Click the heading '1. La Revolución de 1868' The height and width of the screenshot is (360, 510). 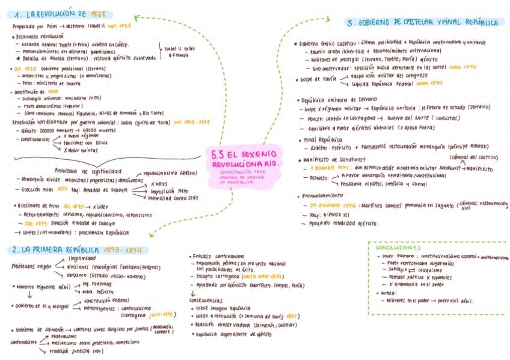coord(60,14)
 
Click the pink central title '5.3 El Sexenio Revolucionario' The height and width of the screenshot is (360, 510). coord(245,158)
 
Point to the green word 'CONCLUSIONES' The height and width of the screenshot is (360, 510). coord(398,247)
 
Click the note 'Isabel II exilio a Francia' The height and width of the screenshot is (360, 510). coord(179,51)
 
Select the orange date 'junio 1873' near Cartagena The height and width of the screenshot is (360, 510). coord(161,314)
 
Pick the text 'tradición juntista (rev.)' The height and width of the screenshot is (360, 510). coord(77,352)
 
